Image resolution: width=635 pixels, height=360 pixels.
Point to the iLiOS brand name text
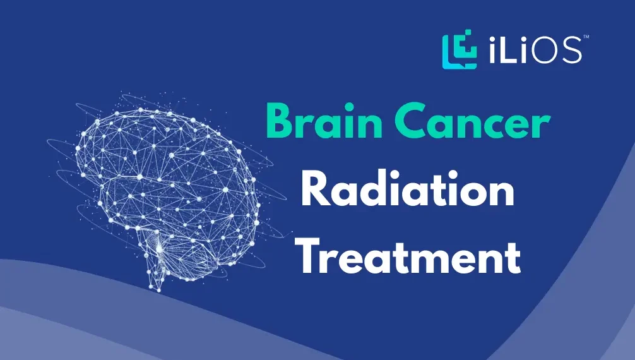click(x=535, y=51)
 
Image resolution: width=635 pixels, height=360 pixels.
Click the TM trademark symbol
click(x=586, y=38)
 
